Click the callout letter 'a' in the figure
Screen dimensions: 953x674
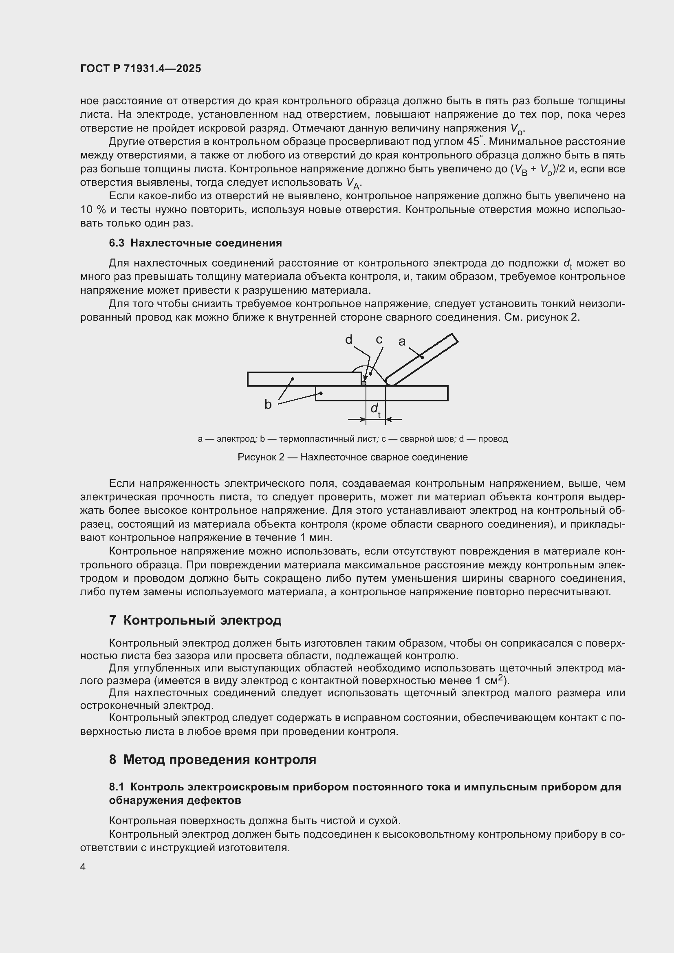pos(402,341)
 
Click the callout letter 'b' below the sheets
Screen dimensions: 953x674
pos(268,404)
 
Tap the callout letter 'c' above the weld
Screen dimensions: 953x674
pos(379,339)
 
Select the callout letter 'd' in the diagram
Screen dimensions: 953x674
pos(349,340)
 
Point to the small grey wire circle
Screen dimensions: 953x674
pos(364,383)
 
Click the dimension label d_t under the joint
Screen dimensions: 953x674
pos(376,409)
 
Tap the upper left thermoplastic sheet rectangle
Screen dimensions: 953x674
pos(304,379)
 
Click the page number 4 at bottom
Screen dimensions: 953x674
pos(83,867)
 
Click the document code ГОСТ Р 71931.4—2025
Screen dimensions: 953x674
pos(141,69)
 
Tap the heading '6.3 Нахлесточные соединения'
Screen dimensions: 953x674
pos(196,243)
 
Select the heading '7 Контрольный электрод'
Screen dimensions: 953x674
pos(195,620)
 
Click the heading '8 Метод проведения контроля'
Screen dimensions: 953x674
pos(212,759)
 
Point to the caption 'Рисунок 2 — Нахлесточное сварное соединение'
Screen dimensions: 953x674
pos(352,457)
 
